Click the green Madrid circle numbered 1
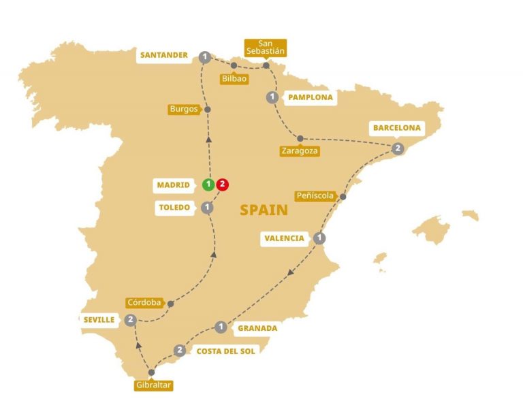coord(208,184)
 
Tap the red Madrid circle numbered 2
coord(223,184)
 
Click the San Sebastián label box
coord(266,46)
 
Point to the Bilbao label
coord(234,79)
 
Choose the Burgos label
coord(185,109)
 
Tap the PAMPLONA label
coord(310,97)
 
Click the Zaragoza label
coord(300,151)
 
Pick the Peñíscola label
coord(316,196)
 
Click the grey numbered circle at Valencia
coord(319,238)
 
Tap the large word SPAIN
coord(264,210)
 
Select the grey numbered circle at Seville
coord(131,319)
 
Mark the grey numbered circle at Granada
coord(221,327)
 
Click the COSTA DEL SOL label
coord(225,351)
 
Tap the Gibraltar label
coord(153,386)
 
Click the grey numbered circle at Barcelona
coord(398,148)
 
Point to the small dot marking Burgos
coord(208,110)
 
